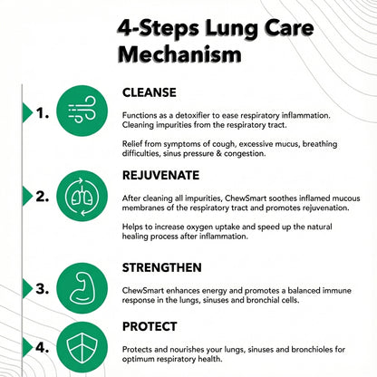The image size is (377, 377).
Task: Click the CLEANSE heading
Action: pos(150,92)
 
